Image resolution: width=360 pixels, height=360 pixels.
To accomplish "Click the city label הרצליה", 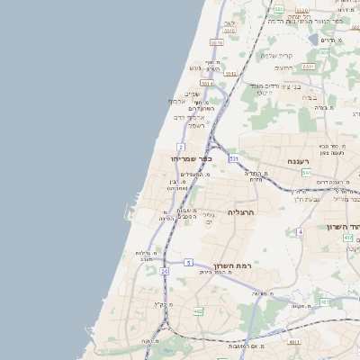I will [242, 211].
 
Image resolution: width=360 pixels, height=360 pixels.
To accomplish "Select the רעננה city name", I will [299, 161].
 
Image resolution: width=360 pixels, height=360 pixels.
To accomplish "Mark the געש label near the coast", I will [194, 68].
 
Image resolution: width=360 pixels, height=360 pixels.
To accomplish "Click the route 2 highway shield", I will [181, 146].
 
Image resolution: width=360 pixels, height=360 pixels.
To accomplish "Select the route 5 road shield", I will [188, 262].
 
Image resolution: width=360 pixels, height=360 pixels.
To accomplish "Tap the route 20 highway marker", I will [165, 270].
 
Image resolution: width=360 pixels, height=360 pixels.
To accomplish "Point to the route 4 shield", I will [299, 231].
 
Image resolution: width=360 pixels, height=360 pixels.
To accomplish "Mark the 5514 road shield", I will [207, 83].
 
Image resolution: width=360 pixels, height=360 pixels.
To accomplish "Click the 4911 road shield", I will [293, 342].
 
